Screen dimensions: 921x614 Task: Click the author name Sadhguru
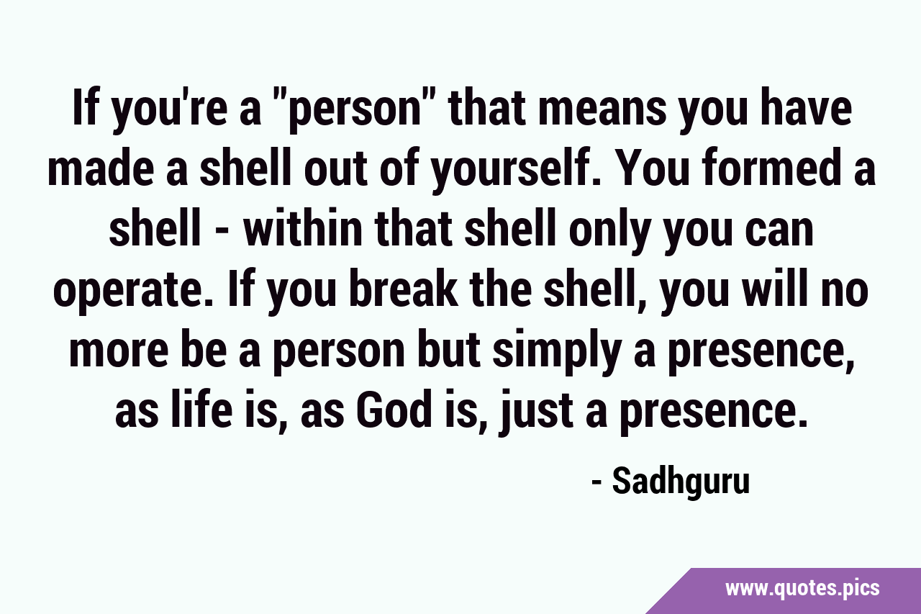681,482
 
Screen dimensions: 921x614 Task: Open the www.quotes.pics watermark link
802,589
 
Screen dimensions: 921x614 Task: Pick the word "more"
118,353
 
